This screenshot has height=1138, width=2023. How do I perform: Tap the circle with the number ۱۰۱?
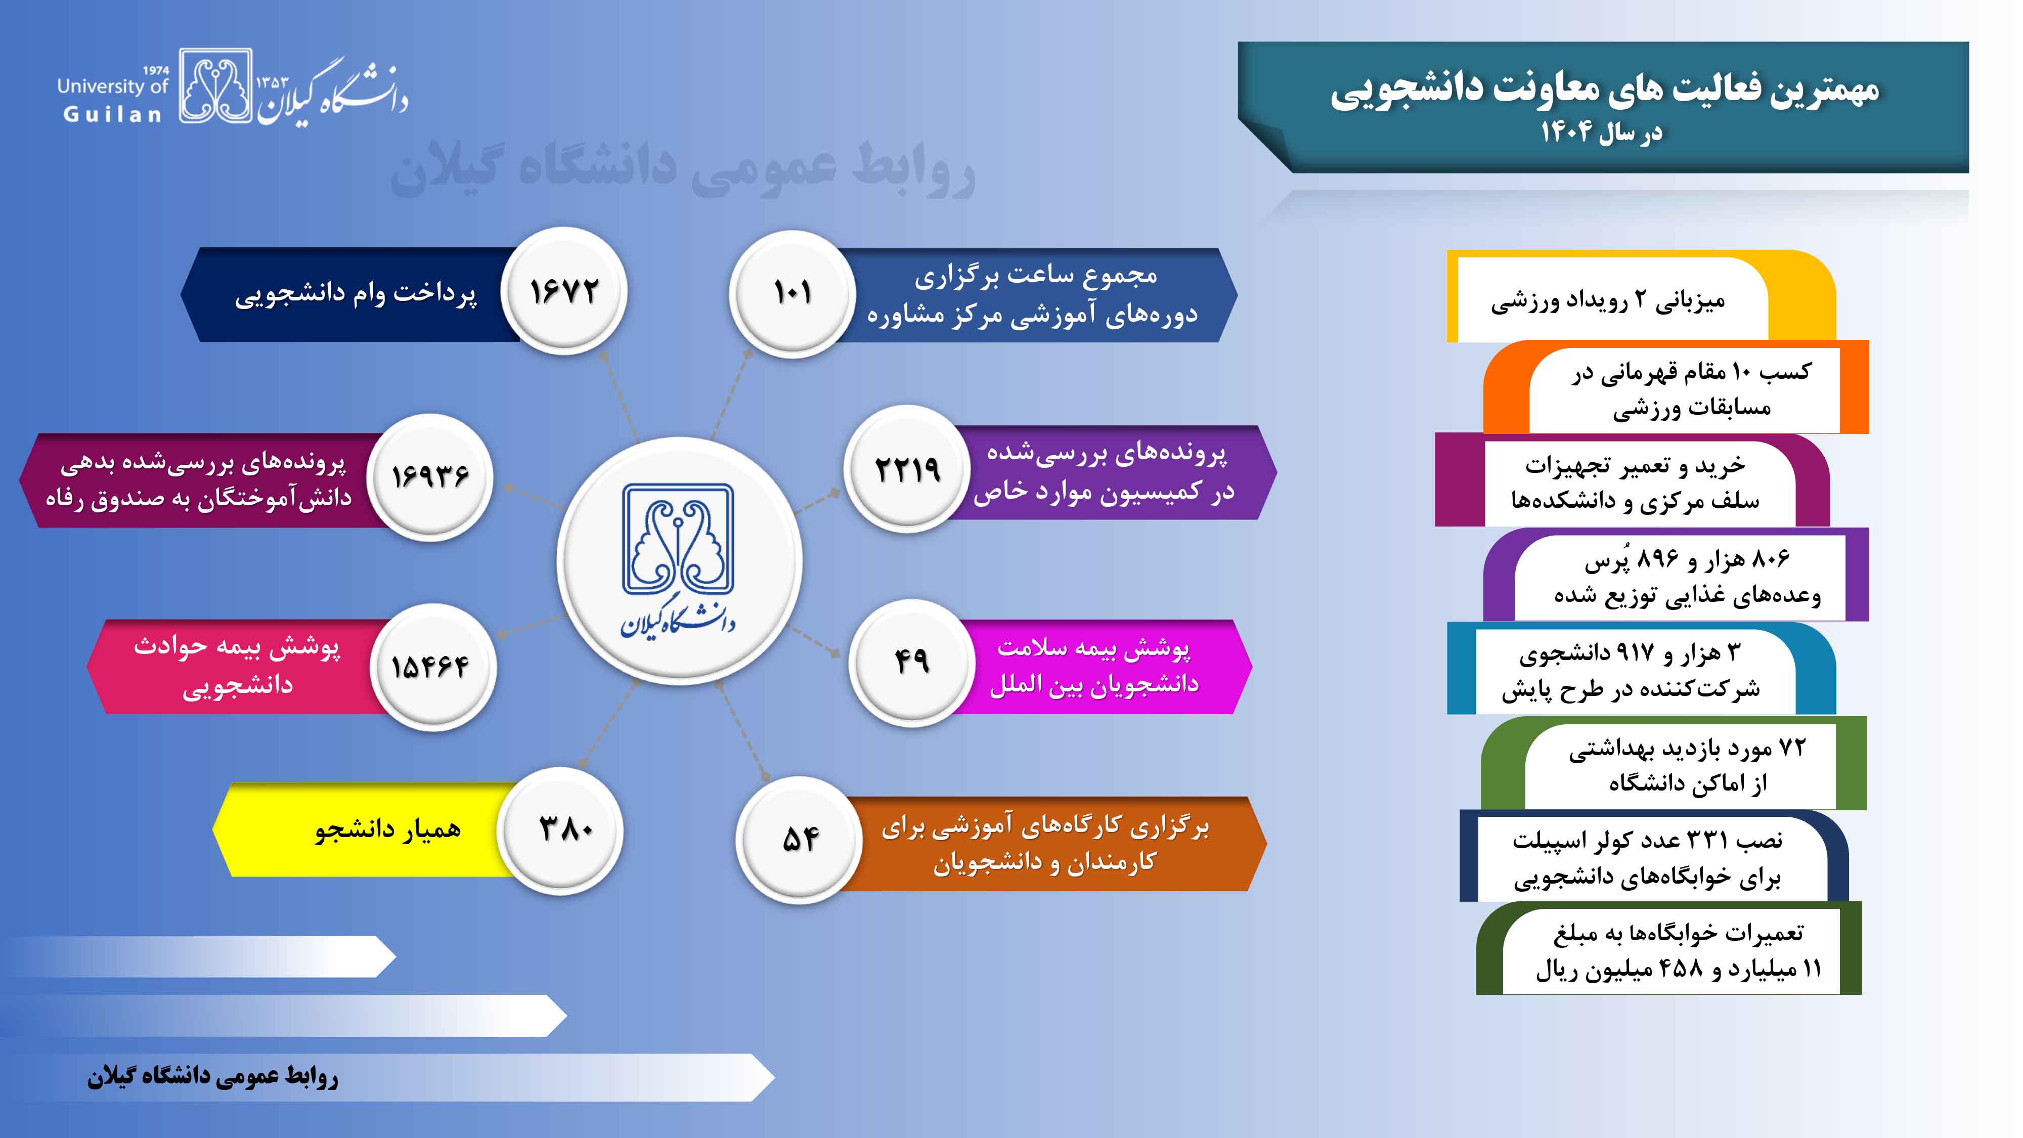[x=793, y=293]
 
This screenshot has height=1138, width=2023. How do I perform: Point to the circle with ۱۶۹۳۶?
[x=430, y=476]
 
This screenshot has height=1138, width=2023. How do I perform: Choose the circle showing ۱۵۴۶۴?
[x=433, y=666]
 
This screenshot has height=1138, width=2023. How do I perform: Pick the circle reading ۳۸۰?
[x=563, y=829]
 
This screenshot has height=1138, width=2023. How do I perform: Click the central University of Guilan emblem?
[x=679, y=560]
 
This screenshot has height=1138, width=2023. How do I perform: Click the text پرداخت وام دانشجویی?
[x=356, y=293]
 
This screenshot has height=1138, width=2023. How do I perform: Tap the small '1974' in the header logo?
[x=156, y=70]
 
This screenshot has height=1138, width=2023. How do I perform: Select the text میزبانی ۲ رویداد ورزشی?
[x=1608, y=301]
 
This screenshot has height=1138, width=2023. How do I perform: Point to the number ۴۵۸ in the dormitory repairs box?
[x=1681, y=969]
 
